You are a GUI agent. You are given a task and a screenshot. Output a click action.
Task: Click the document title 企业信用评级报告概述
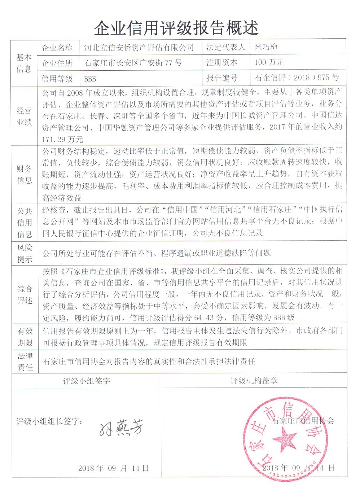tap(176, 27)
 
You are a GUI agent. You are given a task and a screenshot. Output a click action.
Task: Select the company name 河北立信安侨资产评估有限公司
tap(139, 47)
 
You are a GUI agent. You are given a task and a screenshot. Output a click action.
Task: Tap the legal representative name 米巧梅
tap(266, 47)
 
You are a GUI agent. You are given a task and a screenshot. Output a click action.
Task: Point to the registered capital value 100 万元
tap(269, 62)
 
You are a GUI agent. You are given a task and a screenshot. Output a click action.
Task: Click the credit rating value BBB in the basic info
tap(90, 79)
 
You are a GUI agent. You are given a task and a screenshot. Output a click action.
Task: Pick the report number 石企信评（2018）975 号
tap(297, 78)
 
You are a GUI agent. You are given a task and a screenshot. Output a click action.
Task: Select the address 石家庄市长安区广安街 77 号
tap(133, 63)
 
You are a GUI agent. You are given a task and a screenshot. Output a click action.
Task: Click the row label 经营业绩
tap(24, 116)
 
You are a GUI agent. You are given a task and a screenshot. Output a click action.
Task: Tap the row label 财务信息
tap(24, 174)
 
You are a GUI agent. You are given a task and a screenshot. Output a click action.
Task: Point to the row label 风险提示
tap(24, 253)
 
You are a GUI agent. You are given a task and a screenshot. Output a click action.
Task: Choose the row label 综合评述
tap(24, 294)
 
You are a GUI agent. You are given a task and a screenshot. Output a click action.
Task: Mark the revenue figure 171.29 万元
tap(62, 139)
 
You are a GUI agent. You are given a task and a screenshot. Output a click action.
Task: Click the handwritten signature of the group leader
tap(121, 428)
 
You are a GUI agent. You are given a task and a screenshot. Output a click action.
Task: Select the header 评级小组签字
tap(86, 381)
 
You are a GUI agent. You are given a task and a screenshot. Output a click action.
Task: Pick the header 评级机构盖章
tap(254, 381)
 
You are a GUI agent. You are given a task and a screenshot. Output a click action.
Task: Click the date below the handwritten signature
tap(113, 468)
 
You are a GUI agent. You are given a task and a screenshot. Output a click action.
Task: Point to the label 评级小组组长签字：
tap(50, 421)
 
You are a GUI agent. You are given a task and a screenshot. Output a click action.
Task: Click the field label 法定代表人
tap(225, 47)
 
